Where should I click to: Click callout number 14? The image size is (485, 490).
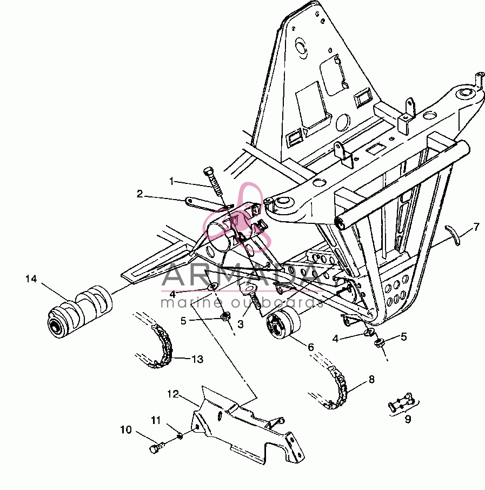(x=31, y=279)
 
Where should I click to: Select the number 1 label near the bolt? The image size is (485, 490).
(x=171, y=181)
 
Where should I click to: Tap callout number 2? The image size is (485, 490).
(x=139, y=194)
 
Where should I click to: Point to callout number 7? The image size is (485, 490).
(x=476, y=227)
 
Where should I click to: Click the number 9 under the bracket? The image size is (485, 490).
(x=408, y=419)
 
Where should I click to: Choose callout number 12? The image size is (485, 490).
(x=173, y=394)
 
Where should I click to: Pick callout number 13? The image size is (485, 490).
(x=197, y=359)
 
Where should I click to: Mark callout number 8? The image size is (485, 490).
(x=371, y=379)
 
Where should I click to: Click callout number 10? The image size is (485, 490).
(x=126, y=429)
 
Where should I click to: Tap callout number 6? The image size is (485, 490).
(x=310, y=347)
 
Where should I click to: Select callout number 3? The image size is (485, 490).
(x=240, y=324)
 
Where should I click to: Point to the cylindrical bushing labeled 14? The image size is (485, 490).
(x=80, y=312)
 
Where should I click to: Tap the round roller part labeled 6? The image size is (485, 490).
(x=283, y=323)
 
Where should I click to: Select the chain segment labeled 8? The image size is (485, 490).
(x=336, y=387)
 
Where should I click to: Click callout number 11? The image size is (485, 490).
(x=156, y=420)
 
